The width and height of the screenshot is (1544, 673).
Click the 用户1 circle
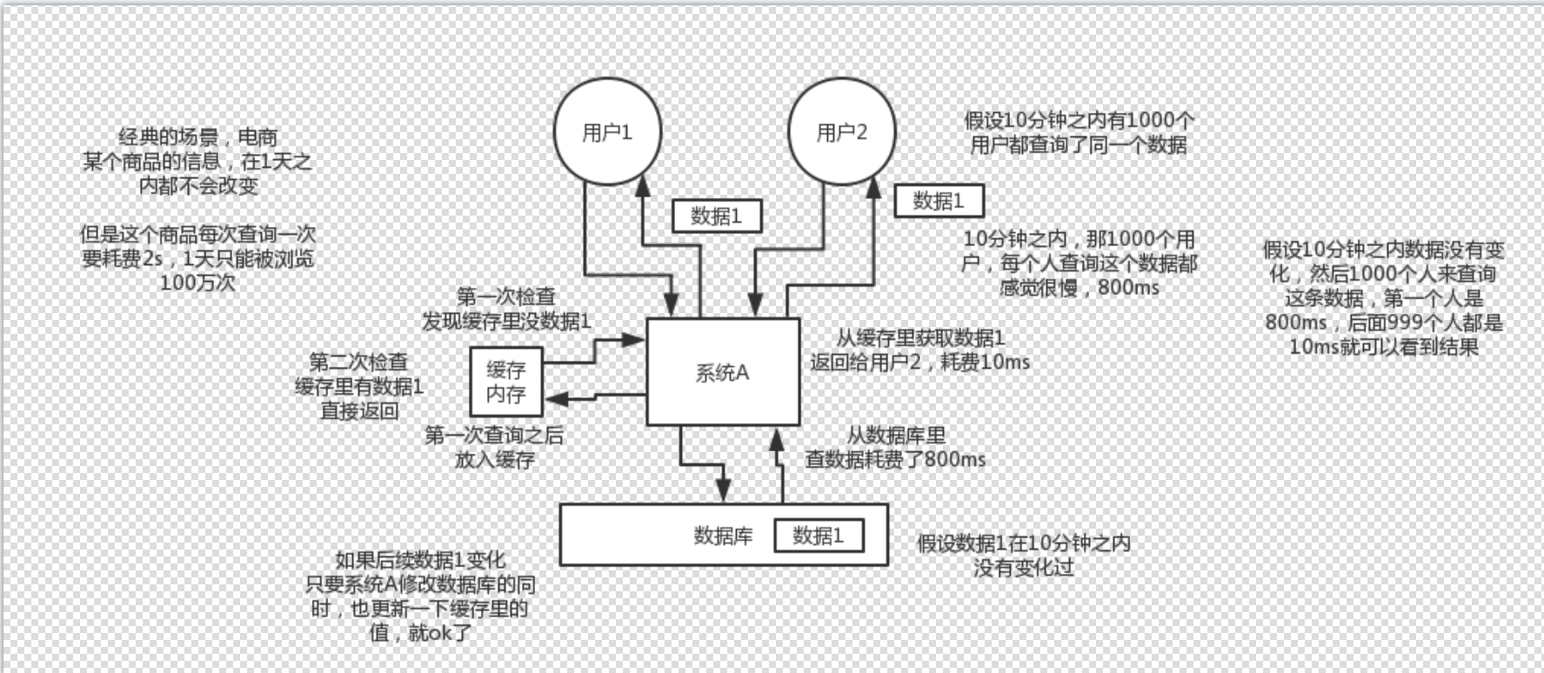tap(607, 132)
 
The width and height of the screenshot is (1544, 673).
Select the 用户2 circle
tap(841, 132)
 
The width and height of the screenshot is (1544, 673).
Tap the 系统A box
tap(722, 372)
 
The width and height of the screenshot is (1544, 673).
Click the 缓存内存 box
tap(505, 382)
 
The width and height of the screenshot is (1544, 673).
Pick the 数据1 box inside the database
tap(819, 536)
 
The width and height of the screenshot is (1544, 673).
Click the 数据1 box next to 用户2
tap(939, 201)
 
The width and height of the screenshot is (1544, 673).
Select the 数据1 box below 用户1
tap(717, 216)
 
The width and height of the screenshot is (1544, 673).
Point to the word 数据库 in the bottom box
tap(723, 536)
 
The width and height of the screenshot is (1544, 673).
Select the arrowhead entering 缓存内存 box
tap(555, 399)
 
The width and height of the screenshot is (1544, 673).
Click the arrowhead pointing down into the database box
tap(723, 492)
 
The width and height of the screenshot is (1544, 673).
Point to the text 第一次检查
tap(506, 297)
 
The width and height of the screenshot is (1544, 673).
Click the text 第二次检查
tap(358, 362)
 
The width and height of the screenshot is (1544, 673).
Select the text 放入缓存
tap(494, 459)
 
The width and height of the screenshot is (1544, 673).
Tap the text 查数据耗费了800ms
tap(895, 459)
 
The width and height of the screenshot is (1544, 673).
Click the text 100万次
tap(197, 283)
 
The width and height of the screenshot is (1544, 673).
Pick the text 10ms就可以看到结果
tap(1383, 346)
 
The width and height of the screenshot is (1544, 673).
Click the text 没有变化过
tap(1023, 568)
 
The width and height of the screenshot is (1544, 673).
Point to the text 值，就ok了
tap(420, 632)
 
